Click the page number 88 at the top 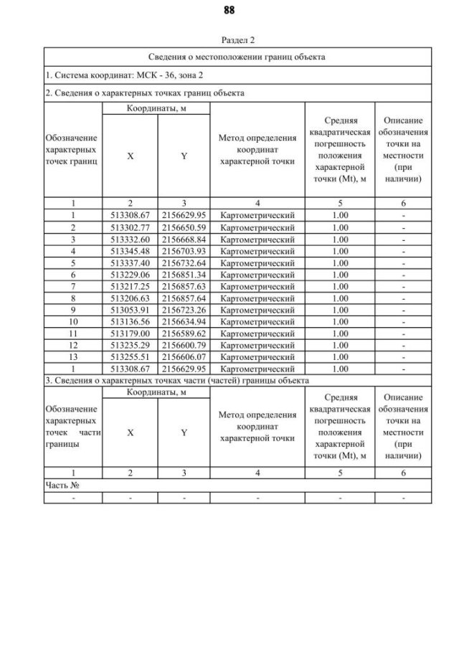pyautogui.click(x=229, y=10)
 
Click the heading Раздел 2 pyautogui.click(x=237, y=41)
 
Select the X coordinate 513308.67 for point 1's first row pyautogui.click(x=130, y=215)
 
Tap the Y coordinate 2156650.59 pyautogui.click(x=184, y=227)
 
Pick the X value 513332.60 pyautogui.click(x=130, y=240)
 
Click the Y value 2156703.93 pyautogui.click(x=184, y=251)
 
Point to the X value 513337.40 pyautogui.click(x=130, y=263)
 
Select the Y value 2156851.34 pyautogui.click(x=184, y=275)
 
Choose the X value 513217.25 pyautogui.click(x=130, y=287)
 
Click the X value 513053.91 pyautogui.click(x=130, y=311)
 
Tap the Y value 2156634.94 pyautogui.click(x=184, y=322)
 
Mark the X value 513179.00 pyautogui.click(x=130, y=334)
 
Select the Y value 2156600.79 pyautogui.click(x=184, y=346)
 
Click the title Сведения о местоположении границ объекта pyautogui.click(x=237, y=57)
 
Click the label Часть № pyautogui.click(x=62, y=485)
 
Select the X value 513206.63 pyautogui.click(x=130, y=298)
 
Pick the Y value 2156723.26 pyautogui.click(x=184, y=311)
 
